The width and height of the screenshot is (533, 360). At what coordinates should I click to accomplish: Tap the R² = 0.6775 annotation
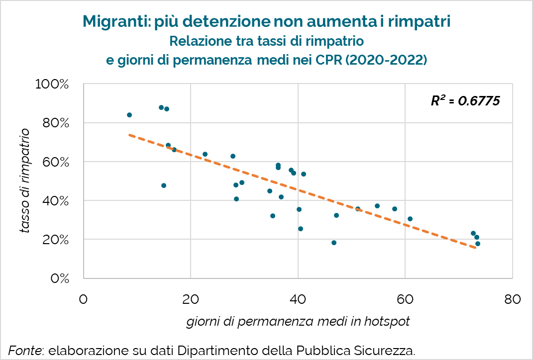coord(465,101)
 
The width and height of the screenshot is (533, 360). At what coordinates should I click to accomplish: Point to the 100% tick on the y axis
coord(52,84)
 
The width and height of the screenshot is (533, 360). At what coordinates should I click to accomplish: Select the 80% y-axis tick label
coord(55,123)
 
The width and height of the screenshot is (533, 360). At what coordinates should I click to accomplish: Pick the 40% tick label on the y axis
coord(55,200)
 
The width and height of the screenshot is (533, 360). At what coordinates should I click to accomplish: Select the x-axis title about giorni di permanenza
coord(298,322)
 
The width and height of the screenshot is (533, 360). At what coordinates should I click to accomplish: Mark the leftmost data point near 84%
coord(129,115)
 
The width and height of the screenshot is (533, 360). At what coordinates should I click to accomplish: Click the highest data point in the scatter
coord(161,107)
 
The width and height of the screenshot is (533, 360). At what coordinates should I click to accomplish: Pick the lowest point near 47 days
coord(334,243)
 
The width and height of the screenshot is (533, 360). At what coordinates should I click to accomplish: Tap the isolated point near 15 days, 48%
coord(164,185)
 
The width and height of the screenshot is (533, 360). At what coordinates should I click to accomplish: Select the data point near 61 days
coord(410,219)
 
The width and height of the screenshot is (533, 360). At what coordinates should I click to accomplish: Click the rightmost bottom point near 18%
coord(478,244)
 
